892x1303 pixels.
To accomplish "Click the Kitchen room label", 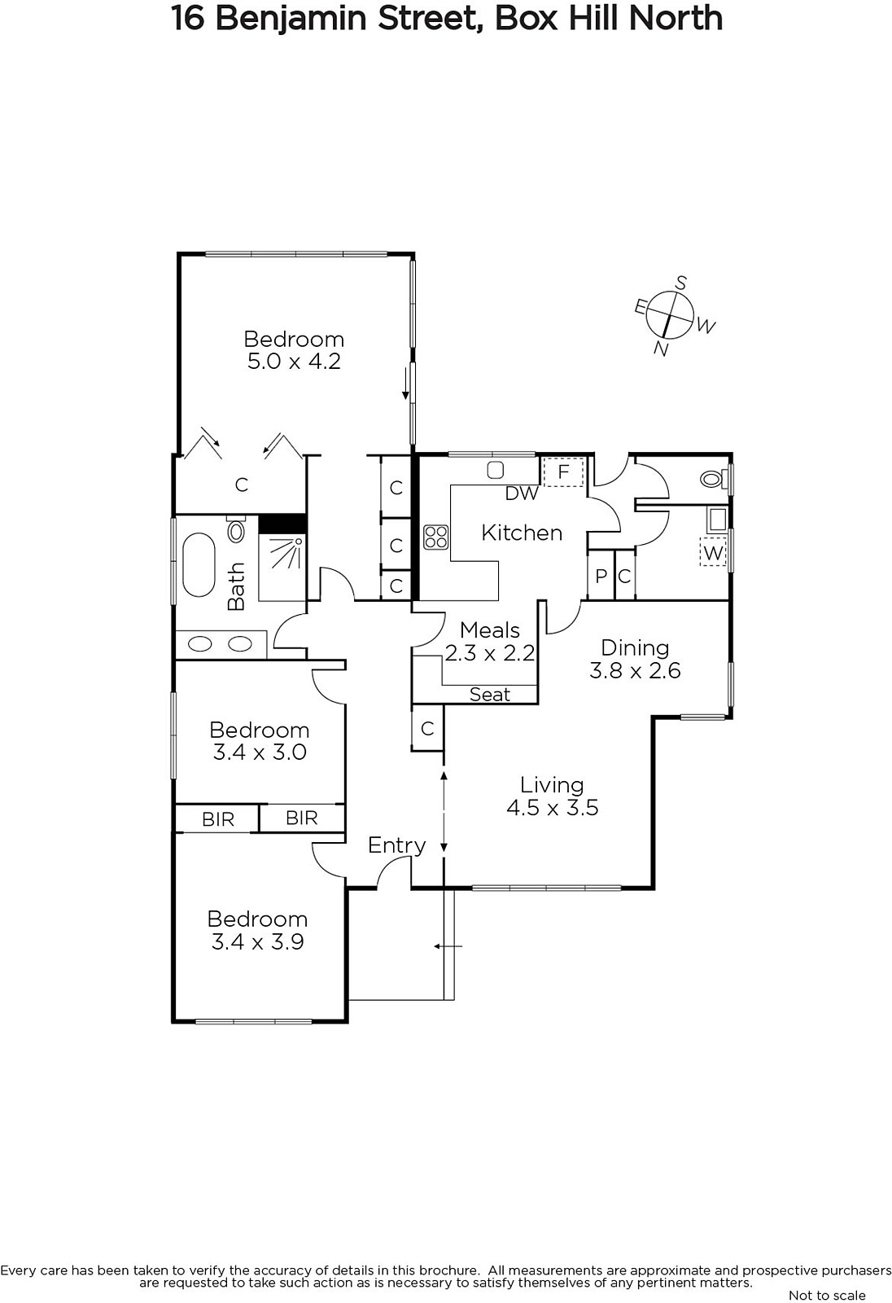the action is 522,533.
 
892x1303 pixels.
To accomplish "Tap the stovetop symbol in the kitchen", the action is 436,537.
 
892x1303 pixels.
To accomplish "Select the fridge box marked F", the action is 563,472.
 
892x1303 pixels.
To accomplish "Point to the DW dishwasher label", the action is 522,494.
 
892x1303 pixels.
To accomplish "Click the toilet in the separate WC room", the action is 714,480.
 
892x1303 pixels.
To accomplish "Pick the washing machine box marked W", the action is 713,553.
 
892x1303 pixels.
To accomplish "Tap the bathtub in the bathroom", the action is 199,565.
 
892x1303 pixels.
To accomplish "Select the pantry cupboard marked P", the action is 601,576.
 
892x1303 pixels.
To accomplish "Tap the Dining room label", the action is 635,648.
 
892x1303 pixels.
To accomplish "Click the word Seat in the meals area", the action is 490,695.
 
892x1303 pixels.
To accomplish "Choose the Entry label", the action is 397,846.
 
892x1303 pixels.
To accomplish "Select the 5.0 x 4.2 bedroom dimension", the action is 295,362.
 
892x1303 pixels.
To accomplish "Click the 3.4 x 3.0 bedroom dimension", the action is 260,752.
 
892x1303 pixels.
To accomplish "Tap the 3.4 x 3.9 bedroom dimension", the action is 258,941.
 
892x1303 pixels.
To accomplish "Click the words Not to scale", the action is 827,1295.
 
